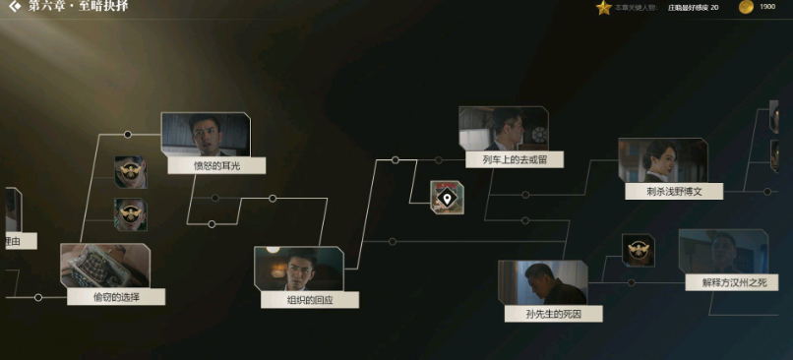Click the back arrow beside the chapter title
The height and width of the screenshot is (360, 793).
14,7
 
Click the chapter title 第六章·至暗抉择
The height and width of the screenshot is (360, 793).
79,7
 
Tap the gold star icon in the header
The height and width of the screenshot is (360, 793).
603,8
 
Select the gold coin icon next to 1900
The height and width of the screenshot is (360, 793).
746,8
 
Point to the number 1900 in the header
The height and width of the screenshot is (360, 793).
767,8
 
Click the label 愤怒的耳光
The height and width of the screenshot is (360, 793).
216,166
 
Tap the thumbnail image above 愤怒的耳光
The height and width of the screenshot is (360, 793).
206,134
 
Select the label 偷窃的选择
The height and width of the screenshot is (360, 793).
115,296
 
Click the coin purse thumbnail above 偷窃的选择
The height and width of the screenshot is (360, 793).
104,265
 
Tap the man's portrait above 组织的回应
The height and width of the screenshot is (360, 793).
298,268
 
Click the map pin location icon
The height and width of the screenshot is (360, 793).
447,198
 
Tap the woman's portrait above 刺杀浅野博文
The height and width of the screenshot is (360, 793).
662,159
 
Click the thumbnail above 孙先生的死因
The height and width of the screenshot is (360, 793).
542,282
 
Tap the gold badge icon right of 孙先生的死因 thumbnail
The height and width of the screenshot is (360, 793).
638,250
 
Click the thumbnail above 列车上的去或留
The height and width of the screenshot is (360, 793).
503,128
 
